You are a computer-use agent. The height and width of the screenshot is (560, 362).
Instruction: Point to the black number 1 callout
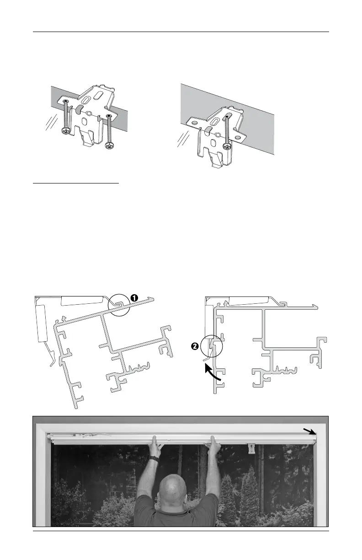pos(134,297)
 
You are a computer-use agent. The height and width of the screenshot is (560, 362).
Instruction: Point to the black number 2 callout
pos(195,346)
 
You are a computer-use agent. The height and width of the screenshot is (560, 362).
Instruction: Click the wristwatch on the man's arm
pos(155,458)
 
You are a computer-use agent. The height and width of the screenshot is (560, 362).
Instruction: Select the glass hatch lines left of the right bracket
pos(183,139)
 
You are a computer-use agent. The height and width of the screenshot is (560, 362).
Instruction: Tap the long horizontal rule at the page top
pos(181,32)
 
